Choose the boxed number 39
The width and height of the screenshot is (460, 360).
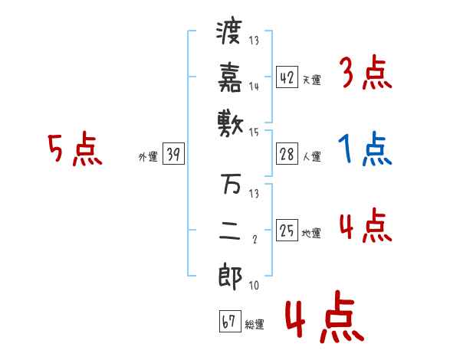[173, 154]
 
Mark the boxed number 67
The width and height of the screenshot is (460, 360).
[228, 322]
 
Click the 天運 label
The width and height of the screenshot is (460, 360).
[312, 80]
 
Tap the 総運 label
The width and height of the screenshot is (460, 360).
[255, 325]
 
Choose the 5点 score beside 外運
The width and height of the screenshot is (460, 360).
[74, 150]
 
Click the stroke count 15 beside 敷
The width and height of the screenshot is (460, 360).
[254, 132]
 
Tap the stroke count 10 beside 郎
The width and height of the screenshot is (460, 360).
[254, 285]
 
